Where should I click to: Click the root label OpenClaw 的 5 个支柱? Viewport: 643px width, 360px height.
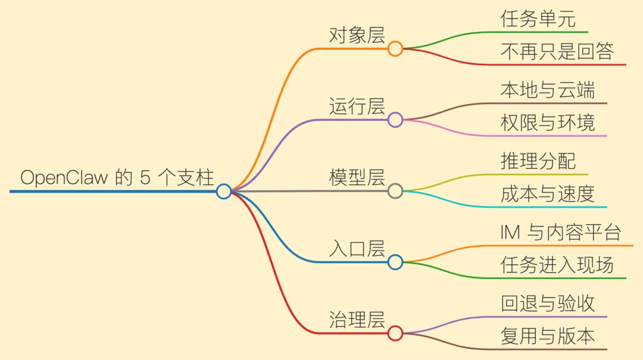(x=117, y=178)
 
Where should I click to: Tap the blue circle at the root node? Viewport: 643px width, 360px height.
(x=223, y=191)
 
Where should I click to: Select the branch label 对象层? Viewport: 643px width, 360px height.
(x=357, y=35)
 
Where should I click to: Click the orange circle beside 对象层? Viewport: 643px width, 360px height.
(x=395, y=49)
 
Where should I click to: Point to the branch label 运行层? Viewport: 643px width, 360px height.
(x=357, y=107)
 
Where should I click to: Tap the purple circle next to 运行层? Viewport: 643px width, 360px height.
(x=395, y=120)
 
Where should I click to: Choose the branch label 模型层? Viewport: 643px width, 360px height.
(x=357, y=177)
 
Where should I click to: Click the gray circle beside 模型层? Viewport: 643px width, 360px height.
(x=395, y=191)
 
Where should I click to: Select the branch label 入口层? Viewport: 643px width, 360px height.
(x=357, y=249)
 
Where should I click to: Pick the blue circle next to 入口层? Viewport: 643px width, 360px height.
(x=395, y=262)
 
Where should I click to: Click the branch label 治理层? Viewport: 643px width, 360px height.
(x=357, y=320)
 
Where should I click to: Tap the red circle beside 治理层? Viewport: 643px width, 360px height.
(x=395, y=333)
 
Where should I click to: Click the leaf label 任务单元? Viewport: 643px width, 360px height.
(x=538, y=19)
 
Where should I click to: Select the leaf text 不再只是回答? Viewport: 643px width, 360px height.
(x=557, y=52)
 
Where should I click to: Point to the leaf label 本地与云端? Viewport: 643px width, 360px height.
(x=548, y=90)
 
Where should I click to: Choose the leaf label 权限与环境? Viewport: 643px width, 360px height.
(x=548, y=123)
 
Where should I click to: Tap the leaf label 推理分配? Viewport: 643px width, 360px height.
(x=538, y=161)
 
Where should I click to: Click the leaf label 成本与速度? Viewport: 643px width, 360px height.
(x=548, y=194)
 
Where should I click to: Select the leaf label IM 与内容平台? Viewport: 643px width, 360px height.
(x=561, y=232)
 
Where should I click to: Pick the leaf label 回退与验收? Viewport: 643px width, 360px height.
(x=548, y=303)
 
